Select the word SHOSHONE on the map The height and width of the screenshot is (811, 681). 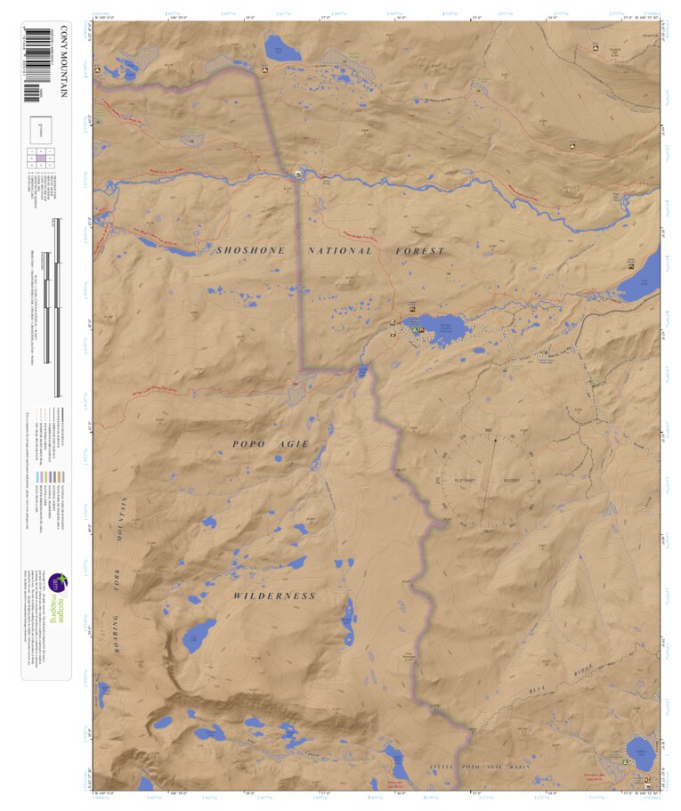click(250, 251)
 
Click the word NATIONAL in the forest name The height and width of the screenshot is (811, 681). click(340, 251)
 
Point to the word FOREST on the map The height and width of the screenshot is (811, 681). click(419, 251)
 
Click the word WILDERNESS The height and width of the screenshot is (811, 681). click(274, 595)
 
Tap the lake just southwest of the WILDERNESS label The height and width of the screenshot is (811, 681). click(199, 636)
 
